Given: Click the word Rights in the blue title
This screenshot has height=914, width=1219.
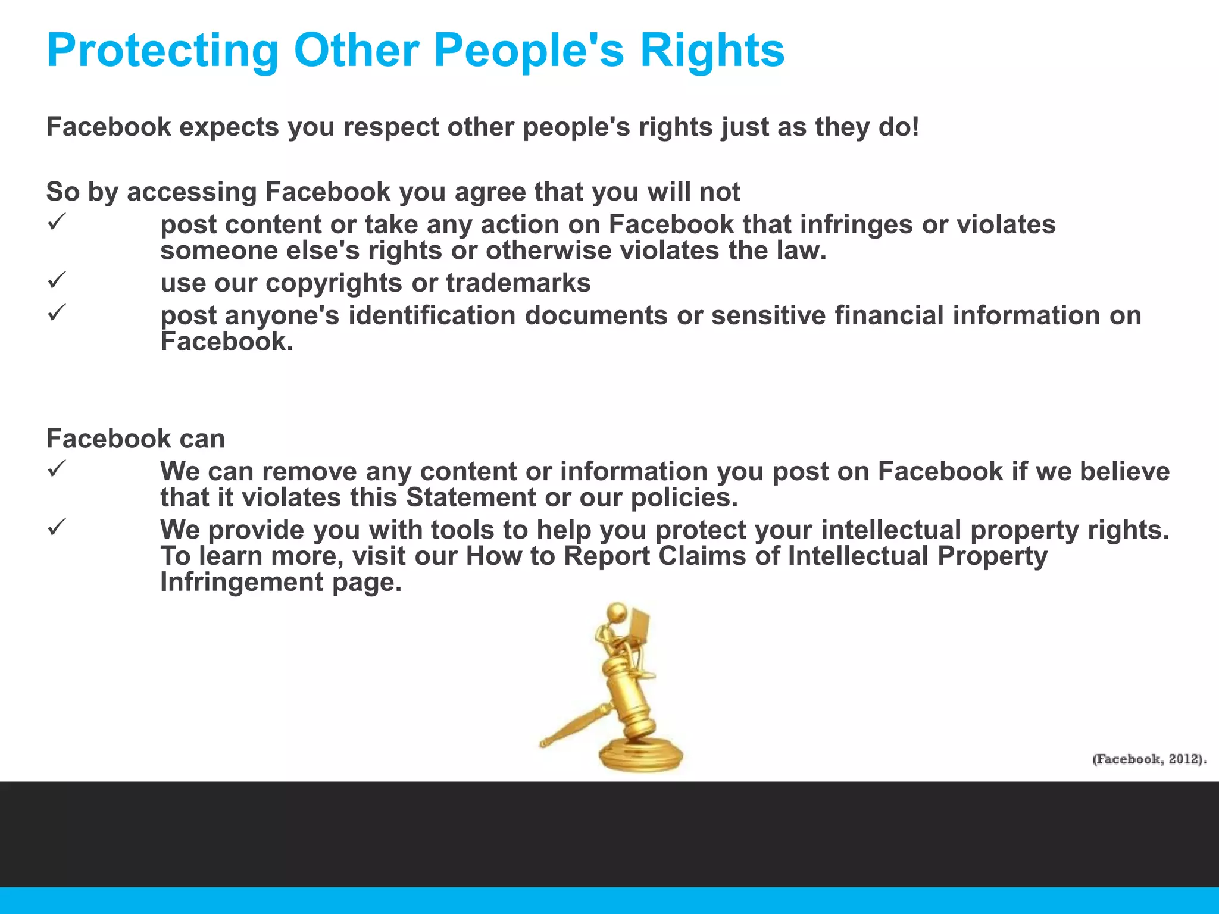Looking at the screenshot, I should (x=712, y=51).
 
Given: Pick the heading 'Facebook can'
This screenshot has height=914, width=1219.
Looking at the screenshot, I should (x=136, y=439).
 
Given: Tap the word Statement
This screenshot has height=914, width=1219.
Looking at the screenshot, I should (x=470, y=497).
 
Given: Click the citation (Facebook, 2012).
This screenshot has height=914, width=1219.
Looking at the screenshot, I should (x=1149, y=759).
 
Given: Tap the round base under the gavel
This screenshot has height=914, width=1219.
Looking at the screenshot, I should (x=640, y=755).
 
